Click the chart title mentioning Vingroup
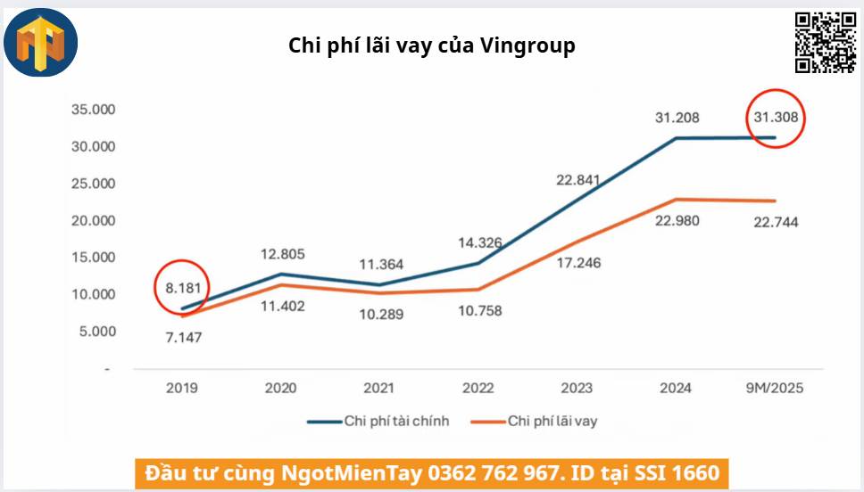[x=431, y=45]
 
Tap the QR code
[x=826, y=43]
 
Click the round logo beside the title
[x=41, y=43]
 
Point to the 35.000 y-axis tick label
[x=94, y=110]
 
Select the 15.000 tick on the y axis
[x=94, y=258]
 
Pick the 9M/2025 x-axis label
[x=773, y=389]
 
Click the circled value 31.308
[x=776, y=117]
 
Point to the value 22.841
[x=580, y=180]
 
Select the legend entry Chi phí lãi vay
[x=552, y=421]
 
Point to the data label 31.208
[x=677, y=117]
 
